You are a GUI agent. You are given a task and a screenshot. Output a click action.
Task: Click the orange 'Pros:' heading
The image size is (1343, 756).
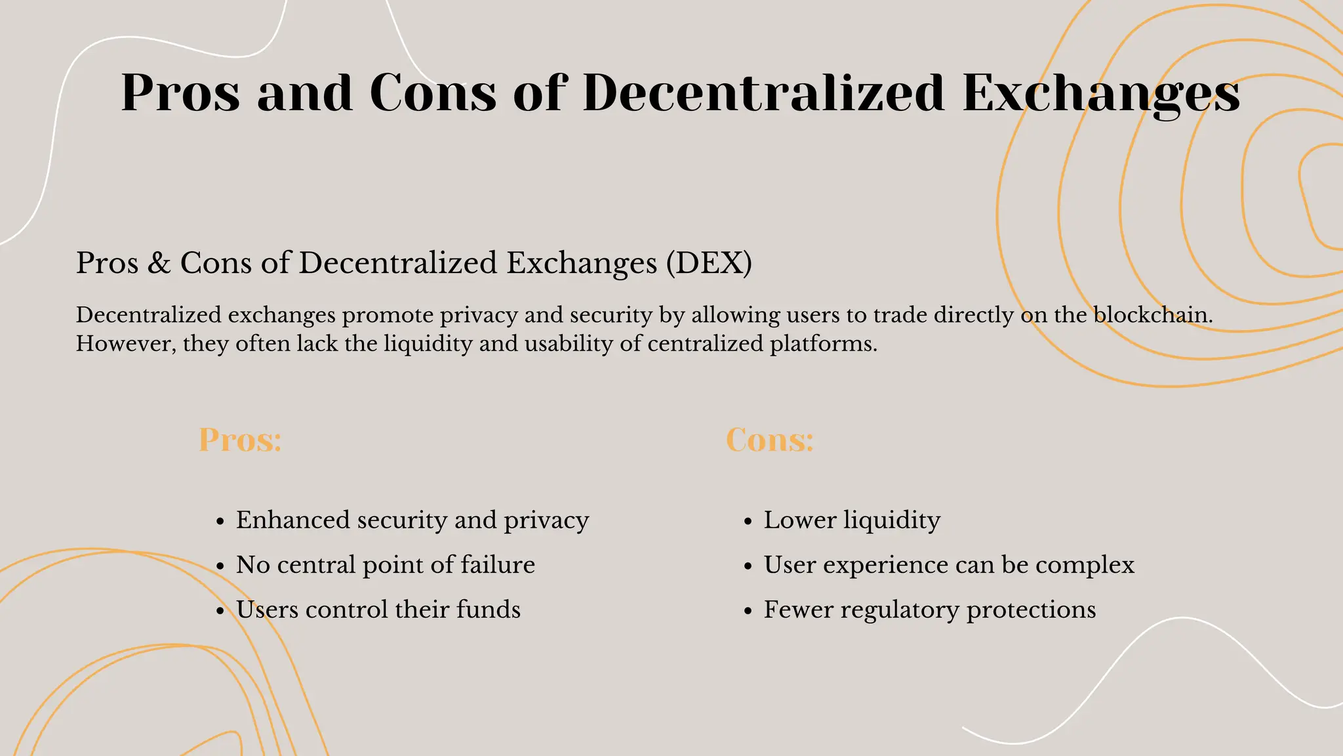[x=240, y=440]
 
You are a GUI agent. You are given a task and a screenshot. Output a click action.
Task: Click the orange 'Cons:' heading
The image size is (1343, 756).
[x=769, y=440]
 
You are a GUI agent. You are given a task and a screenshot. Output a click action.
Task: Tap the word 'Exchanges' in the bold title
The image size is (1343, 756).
[x=1101, y=93]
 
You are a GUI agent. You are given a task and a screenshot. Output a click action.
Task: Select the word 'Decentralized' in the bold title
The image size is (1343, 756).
[x=763, y=93]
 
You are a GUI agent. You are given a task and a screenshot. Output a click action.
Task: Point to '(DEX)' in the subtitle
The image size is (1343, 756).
[x=709, y=263]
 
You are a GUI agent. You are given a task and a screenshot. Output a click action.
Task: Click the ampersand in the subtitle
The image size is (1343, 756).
[x=159, y=263]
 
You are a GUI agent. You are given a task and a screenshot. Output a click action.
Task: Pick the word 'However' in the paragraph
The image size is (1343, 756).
[x=125, y=344]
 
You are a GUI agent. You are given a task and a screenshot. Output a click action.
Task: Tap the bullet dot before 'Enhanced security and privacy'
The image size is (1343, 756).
[x=220, y=522]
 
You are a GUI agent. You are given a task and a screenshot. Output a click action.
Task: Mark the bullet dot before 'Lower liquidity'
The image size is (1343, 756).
[x=748, y=522]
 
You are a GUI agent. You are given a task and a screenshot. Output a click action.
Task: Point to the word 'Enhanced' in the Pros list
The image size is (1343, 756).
[x=293, y=520]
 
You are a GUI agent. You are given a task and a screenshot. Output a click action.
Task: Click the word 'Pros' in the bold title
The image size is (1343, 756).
[x=180, y=93]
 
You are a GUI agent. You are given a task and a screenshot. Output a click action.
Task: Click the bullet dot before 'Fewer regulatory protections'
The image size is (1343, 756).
[x=748, y=611]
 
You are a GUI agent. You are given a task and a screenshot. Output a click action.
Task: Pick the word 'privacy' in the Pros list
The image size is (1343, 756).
[x=546, y=520]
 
